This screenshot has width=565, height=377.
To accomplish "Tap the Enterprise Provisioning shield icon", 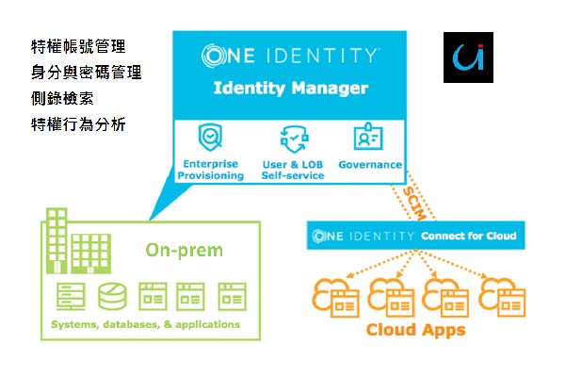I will pyautogui.click(x=209, y=139).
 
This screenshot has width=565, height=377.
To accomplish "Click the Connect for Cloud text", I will pyautogui.click(x=468, y=235).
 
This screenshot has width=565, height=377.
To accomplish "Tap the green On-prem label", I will pyautogui.click(x=184, y=250).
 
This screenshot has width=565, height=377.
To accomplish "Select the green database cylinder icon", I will pyautogui.click(x=110, y=296).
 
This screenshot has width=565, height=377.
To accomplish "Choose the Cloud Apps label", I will pyautogui.click(x=415, y=331).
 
